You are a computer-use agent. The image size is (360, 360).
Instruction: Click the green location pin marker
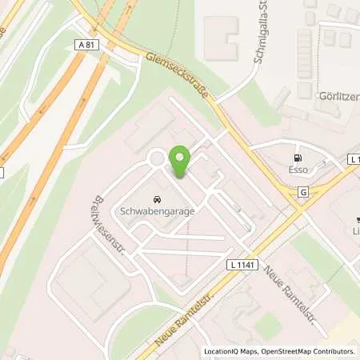coord(182,162)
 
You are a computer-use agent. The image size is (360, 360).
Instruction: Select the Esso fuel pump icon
coord(298,158)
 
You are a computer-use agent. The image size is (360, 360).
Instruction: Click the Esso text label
coord(298,170)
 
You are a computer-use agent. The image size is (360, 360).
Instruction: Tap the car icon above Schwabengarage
coord(155,198)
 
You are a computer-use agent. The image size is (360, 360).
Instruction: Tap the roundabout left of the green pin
coord(157,158)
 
